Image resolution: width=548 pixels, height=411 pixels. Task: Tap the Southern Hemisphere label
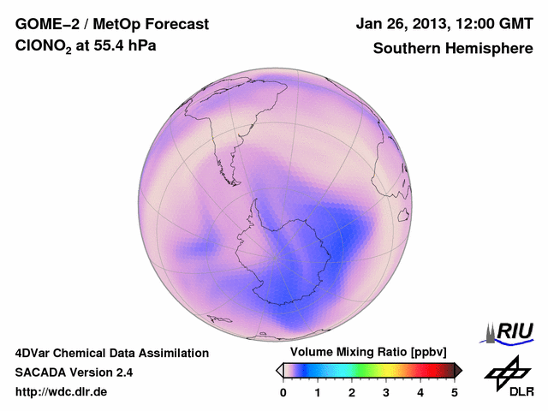[x=453, y=49]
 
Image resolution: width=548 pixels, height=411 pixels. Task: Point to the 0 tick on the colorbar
[x=283, y=392]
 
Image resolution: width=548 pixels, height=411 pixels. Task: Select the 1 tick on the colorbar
[x=318, y=392]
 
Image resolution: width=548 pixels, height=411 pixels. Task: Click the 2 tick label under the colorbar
[x=352, y=392]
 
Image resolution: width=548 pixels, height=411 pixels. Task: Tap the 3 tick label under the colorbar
[x=386, y=392]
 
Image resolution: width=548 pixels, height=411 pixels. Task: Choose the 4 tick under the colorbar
[x=420, y=392]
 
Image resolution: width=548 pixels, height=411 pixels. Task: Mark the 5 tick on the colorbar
[x=455, y=392]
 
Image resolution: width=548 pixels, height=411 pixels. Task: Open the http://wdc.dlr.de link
[x=62, y=392]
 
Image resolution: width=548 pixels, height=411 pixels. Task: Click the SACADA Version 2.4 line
[x=74, y=372]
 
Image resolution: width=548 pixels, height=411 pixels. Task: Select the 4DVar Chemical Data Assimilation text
[x=111, y=353]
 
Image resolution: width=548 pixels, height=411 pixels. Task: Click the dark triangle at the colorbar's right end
[x=458, y=370]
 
